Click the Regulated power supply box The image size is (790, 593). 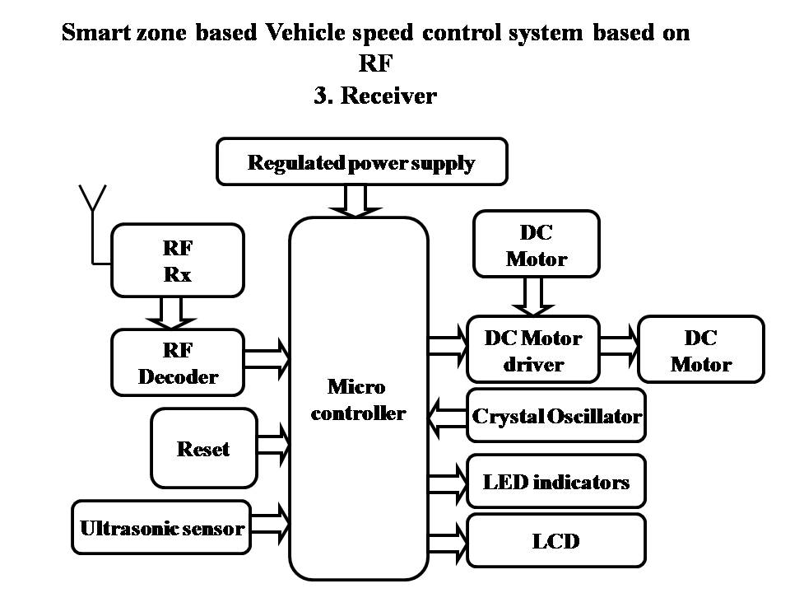point(361,162)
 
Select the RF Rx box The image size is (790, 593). point(178,260)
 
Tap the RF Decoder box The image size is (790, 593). point(178,363)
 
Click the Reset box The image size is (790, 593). point(203,449)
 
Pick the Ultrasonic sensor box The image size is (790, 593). point(161,527)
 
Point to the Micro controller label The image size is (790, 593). point(358,399)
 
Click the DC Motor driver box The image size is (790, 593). point(532,350)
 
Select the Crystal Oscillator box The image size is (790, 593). point(556,416)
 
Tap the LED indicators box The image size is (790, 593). point(556,481)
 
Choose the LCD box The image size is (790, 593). point(556,541)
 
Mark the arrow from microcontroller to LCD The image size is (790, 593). point(447,541)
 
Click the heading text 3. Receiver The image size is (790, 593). point(374,96)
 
